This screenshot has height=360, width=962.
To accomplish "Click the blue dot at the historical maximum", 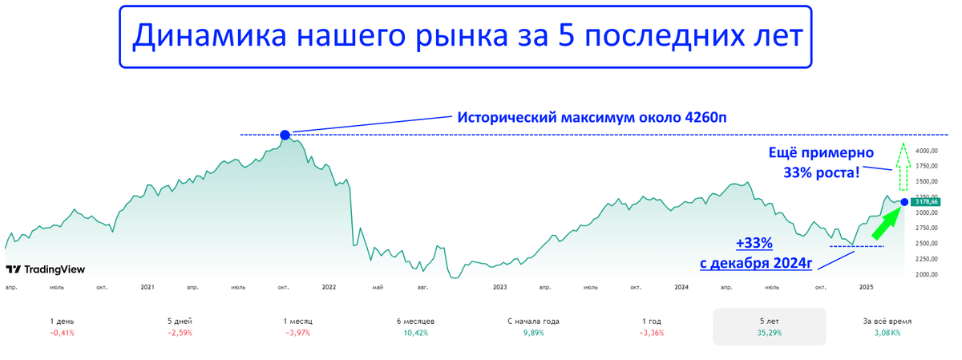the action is [285, 136].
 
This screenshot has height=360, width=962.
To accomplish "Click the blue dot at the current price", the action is [904, 202].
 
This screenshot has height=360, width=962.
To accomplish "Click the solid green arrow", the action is [887, 223].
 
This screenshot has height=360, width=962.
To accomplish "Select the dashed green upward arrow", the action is [903, 166].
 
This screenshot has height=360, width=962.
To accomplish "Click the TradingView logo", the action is [46, 269].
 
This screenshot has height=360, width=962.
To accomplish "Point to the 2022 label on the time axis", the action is [329, 287].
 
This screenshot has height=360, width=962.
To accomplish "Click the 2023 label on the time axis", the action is [500, 287].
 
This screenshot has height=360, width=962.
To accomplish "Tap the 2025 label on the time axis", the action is [867, 287].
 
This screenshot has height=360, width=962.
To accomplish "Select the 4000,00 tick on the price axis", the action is [927, 151].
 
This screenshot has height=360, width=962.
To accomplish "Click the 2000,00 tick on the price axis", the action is [927, 274].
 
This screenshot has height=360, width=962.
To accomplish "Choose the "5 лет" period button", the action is [769, 326].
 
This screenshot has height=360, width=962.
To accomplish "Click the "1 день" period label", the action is [62, 322].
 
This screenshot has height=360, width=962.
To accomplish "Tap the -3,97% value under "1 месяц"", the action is [297, 333].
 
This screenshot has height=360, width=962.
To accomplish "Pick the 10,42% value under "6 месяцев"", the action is [416, 333].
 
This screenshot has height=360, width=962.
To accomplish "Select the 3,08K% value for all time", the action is [887, 333].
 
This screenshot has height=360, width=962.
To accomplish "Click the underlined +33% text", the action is [754, 243].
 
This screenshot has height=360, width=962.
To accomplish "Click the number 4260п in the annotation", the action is [705, 117].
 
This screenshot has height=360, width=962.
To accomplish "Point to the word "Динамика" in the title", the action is [209, 35].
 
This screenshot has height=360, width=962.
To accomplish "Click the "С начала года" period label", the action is [533, 322].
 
